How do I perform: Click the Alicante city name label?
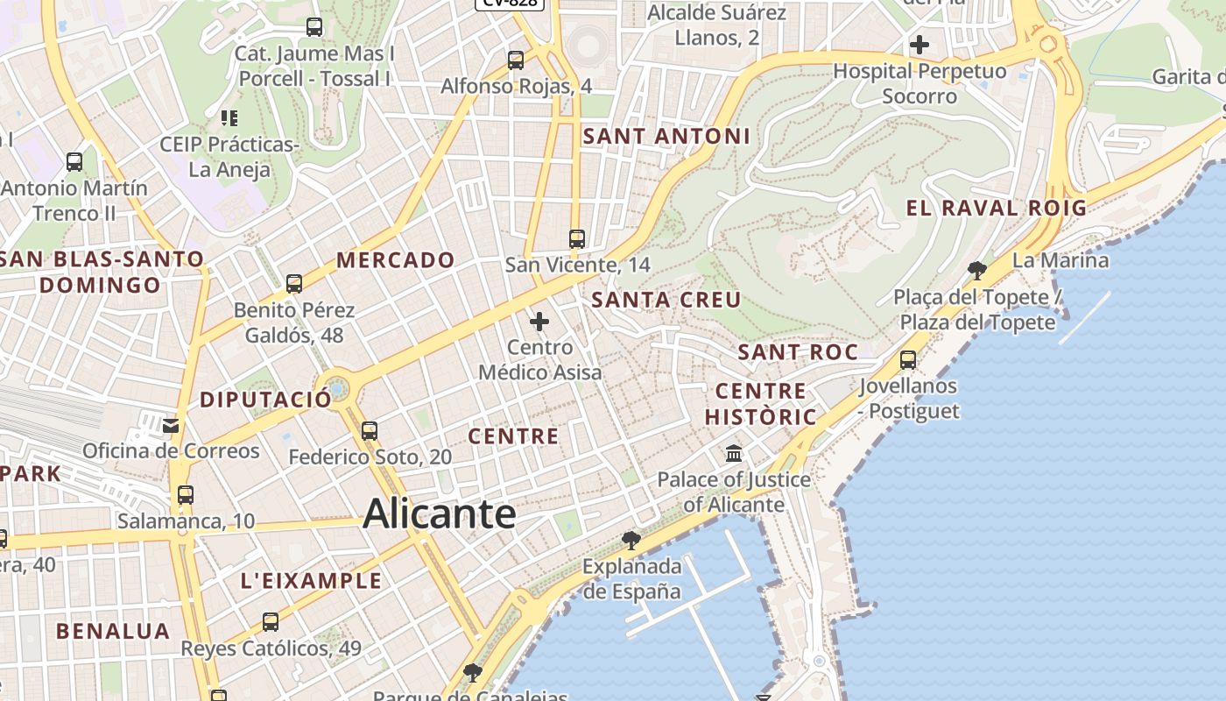pyautogui.click(x=439, y=513)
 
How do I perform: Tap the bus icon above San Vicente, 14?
pyautogui.click(x=576, y=238)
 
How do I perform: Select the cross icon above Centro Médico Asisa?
pyautogui.click(x=539, y=322)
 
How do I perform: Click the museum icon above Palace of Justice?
pyautogui.click(x=734, y=454)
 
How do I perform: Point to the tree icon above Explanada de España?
pyautogui.click(x=631, y=540)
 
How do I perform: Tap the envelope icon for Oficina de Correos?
pyautogui.click(x=171, y=426)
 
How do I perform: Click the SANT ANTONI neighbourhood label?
pyautogui.click(x=666, y=136)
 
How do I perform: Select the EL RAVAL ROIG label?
pyautogui.click(x=996, y=208)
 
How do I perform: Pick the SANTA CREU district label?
pyautogui.click(x=666, y=299)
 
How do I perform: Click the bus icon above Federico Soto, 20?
pyautogui.click(x=370, y=431)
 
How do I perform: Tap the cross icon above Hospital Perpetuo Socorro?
pyautogui.click(x=919, y=44)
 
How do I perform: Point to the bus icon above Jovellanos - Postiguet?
pyautogui.click(x=908, y=359)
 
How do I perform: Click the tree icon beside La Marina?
pyautogui.click(x=977, y=270)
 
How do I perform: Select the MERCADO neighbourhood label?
pyautogui.click(x=396, y=259)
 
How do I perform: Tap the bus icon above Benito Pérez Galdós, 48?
pyautogui.click(x=294, y=284)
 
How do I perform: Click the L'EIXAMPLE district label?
pyautogui.click(x=311, y=580)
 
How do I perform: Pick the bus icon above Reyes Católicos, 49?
pyautogui.click(x=271, y=622)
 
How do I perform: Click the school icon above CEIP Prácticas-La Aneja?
pyautogui.click(x=229, y=117)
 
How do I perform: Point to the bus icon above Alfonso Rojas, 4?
pyautogui.click(x=516, y=60)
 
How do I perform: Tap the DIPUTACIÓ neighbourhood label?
pyautogui.click(x=266, y=400)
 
